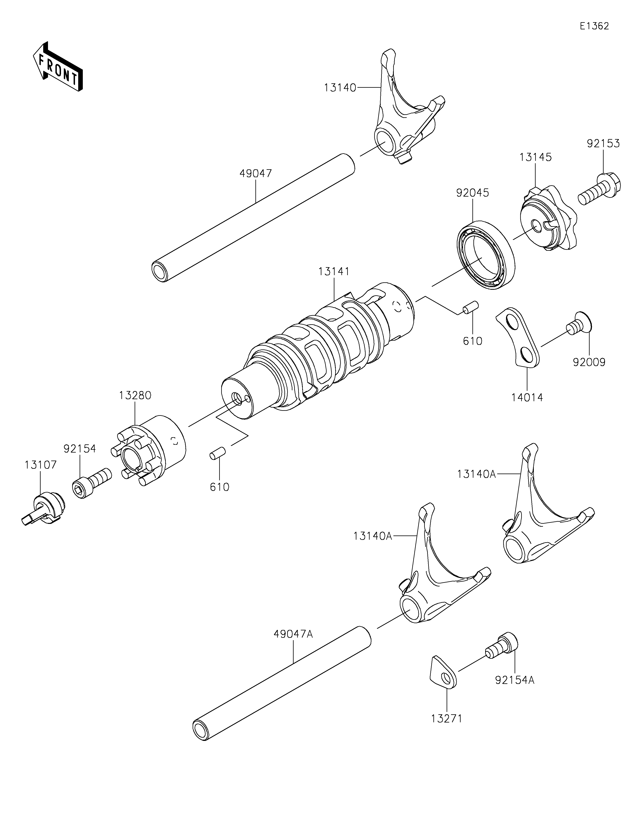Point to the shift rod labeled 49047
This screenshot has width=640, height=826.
pyautogui.click(x=253, y=217)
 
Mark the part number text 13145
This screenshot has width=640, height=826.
pyautogui.click(x=536, y=157)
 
